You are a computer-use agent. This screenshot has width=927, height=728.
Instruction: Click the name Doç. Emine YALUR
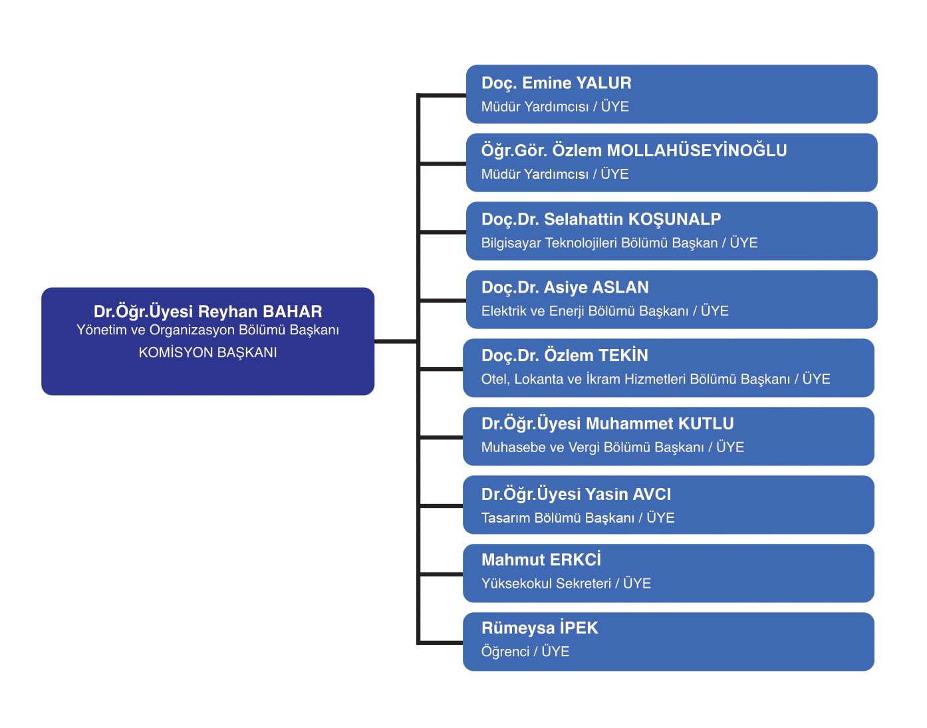[x=556, y=83]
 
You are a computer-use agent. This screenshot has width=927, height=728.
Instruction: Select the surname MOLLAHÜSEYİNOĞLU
[x=696, y=151]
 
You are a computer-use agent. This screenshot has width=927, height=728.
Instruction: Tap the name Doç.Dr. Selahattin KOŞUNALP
[x=601, y=219]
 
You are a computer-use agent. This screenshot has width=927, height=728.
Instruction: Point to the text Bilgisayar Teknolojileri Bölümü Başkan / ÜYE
[x=619, y=243]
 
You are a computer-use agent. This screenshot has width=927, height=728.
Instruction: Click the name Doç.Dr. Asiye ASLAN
[x=565, y=287]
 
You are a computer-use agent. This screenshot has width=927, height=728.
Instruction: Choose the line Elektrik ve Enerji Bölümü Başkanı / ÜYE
[x=604, y=311]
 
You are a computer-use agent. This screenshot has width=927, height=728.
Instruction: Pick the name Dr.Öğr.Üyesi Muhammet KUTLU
[x=607, y=424]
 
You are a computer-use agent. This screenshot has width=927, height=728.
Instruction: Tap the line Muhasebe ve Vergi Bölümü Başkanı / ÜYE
[x=612, y=447]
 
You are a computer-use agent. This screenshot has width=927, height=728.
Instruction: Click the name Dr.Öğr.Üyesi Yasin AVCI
[x=576, y=495]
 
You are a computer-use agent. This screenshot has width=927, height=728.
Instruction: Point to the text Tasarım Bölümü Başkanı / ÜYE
[x=577, y=518]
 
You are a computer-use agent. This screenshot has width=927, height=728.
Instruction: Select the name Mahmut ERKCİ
[x=541, y=560]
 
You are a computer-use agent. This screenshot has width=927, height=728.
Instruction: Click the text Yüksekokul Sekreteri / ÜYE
[x=565, y=584]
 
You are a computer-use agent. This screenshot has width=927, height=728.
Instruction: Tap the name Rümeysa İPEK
[x=539, y=628]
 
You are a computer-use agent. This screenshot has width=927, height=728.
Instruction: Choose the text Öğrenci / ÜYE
[x=525, y=652]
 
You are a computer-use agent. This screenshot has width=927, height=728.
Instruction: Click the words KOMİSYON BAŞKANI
[x=207, y=352]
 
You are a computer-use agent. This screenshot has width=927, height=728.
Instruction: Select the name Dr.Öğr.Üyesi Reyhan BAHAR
[x=207, y=312]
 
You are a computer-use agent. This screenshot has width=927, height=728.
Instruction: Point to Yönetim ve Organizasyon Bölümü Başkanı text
[x=207, y=330]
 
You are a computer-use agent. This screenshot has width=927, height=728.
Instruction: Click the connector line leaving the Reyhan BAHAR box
[x=395, y=341]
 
